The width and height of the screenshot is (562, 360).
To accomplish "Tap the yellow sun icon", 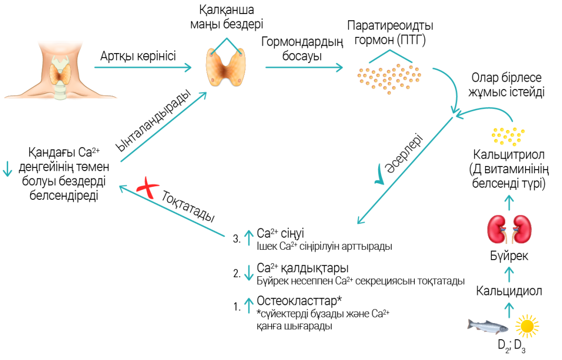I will tap(527, 326).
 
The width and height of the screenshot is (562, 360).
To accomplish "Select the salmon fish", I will tap(488, 326).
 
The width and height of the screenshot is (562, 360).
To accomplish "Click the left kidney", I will tap(497, 229).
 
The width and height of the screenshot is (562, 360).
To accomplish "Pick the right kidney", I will tap(522, 229).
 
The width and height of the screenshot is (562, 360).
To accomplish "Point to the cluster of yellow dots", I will tap(508, 136).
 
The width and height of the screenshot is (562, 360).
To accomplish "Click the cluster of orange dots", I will tap(389, 79).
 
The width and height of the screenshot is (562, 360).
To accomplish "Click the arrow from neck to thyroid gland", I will tap(143, 68).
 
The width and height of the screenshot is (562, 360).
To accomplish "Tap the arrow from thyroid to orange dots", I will tap(304, 68).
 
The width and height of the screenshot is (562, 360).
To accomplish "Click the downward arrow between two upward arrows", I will tap(249, 272).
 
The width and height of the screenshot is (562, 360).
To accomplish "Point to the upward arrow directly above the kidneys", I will tap(509, 202).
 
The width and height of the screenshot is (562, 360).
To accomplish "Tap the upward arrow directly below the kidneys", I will tap(509, 274).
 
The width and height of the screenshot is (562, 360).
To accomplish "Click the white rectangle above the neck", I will tap(60, 47).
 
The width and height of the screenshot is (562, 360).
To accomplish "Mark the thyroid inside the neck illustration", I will tap(60, 74).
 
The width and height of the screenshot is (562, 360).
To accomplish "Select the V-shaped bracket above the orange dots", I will tap(390, 55).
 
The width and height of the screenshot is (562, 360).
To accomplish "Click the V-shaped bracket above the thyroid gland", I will tap(226, 44).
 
